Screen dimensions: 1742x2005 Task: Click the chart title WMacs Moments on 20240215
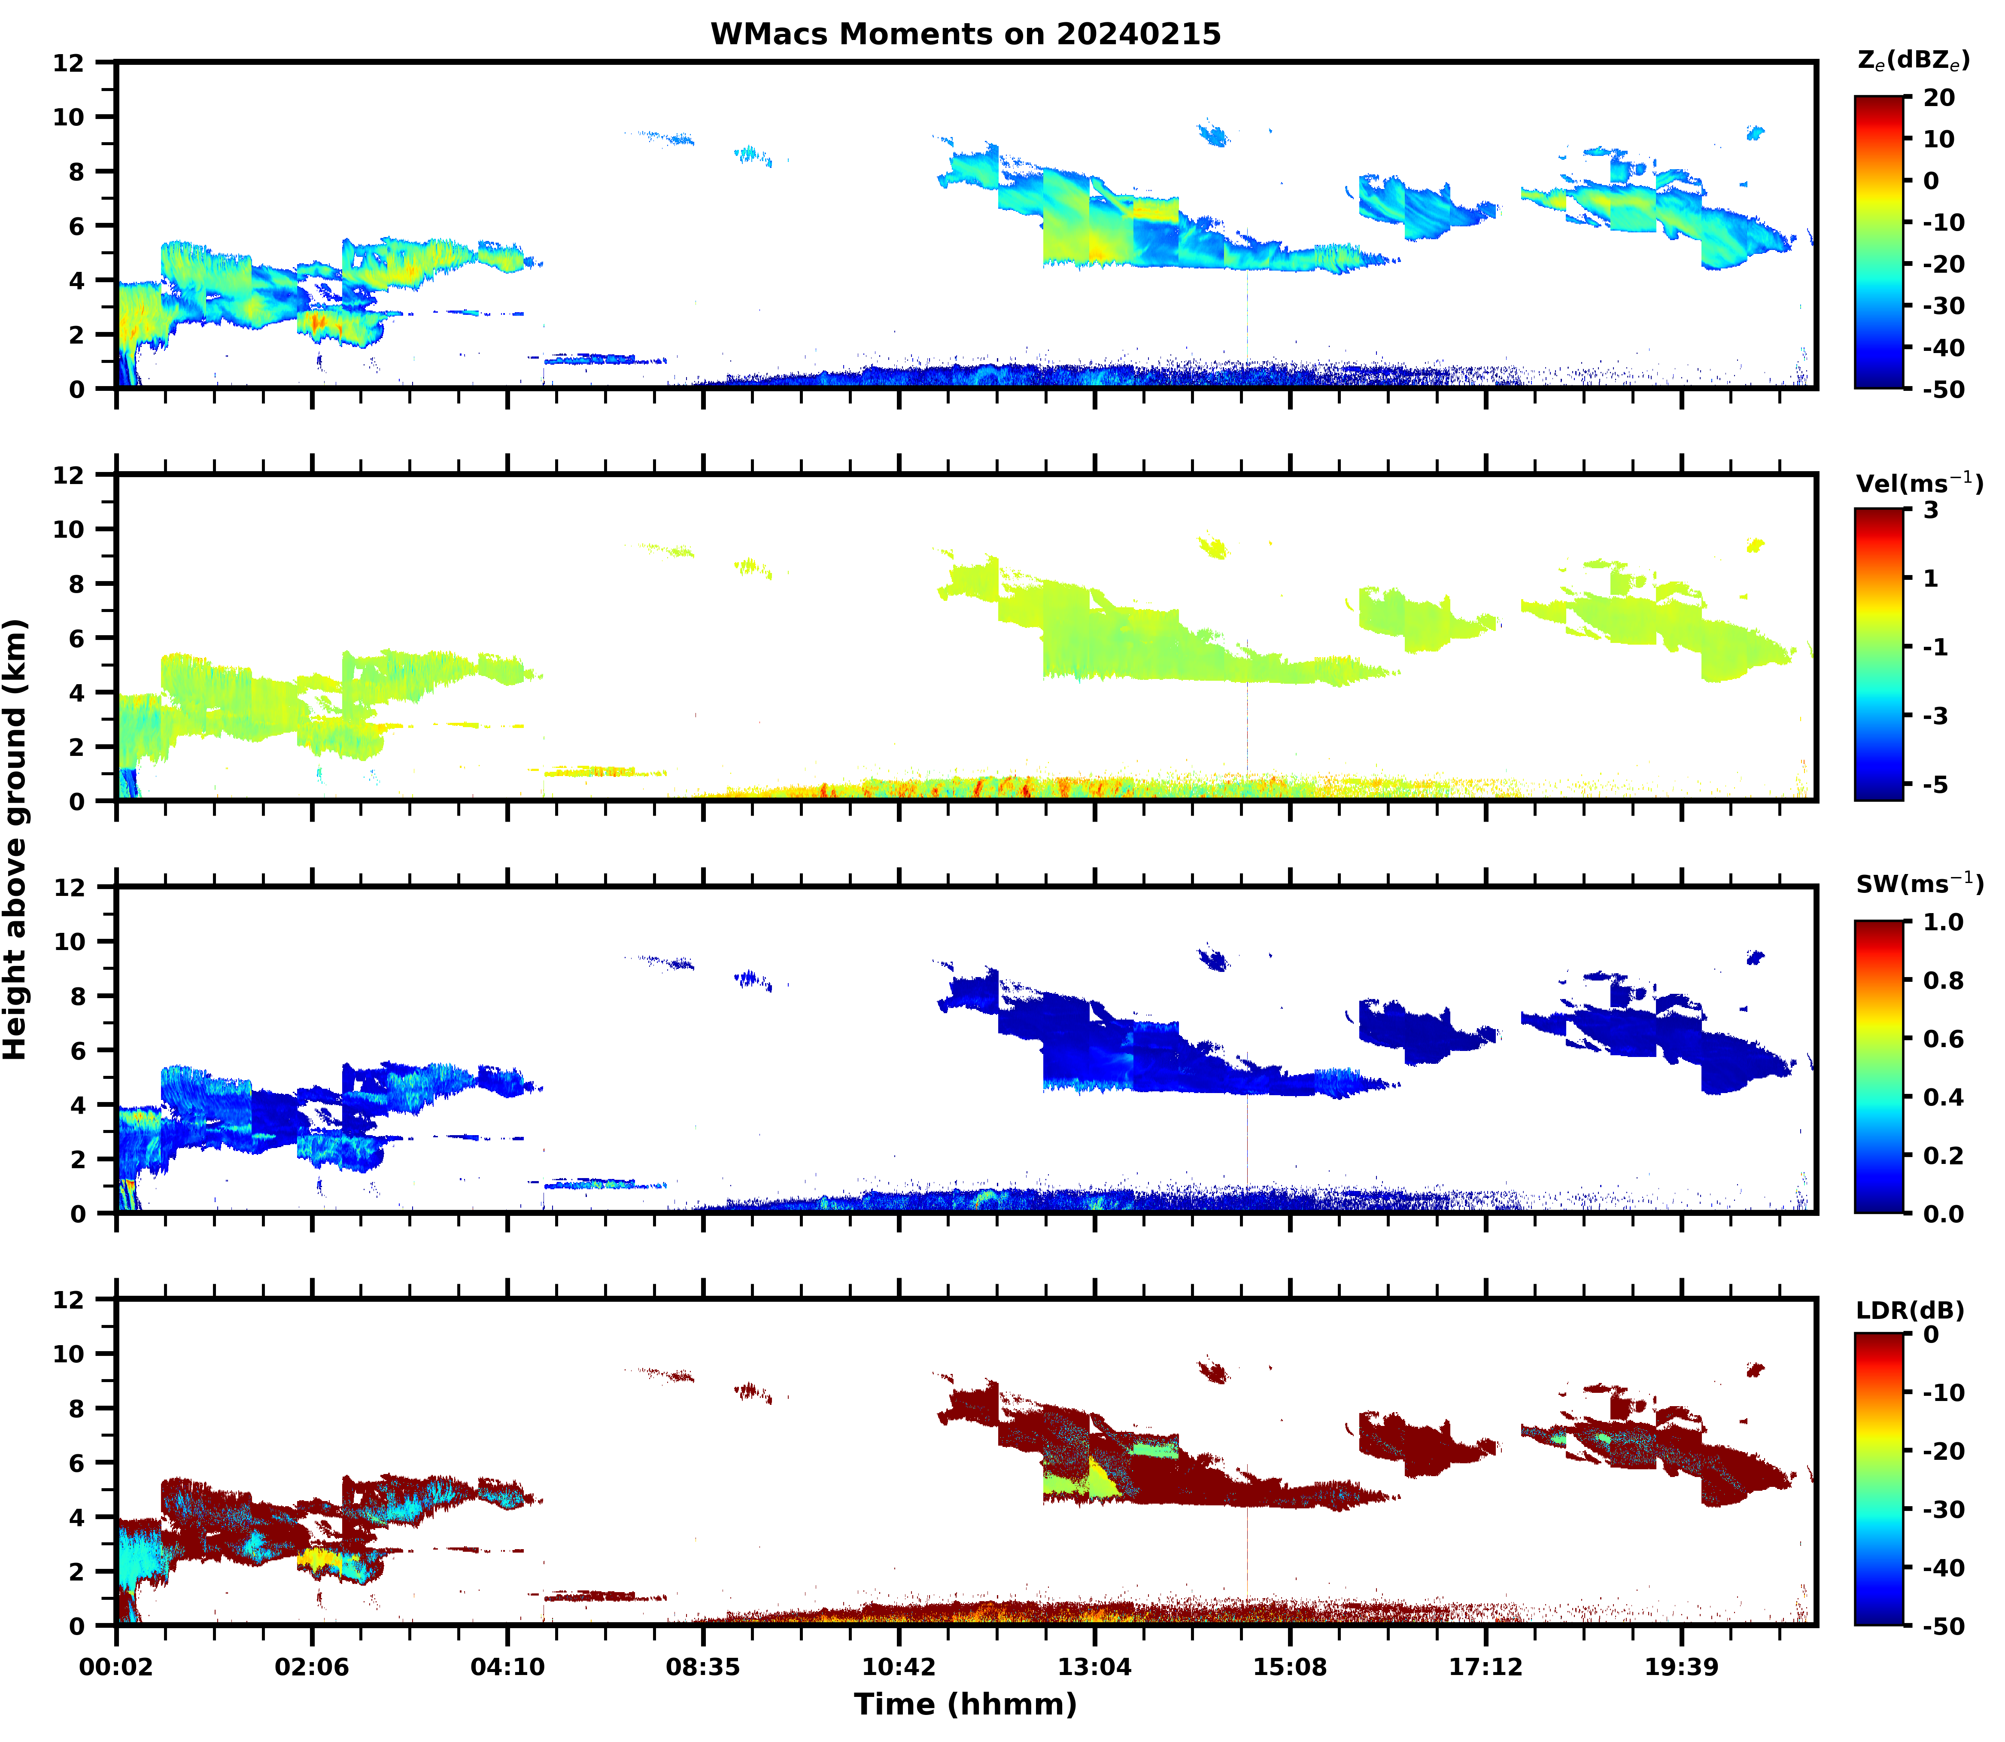click(x=965, y=34)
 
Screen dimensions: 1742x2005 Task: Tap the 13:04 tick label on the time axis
click(x=1094, y=1667)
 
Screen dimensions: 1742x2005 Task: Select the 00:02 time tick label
click(x=117, y=1667)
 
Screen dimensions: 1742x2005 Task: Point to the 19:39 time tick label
click(x=1681, y=1667)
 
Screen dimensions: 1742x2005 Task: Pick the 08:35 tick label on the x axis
click(x=703, y=1667)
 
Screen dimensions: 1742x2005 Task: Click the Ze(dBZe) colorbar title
click(x=1913, y=60)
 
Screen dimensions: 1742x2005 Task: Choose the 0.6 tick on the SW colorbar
click(x=1944, y=1039)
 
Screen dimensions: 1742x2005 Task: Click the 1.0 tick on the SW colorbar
click(x=1944, y=923)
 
